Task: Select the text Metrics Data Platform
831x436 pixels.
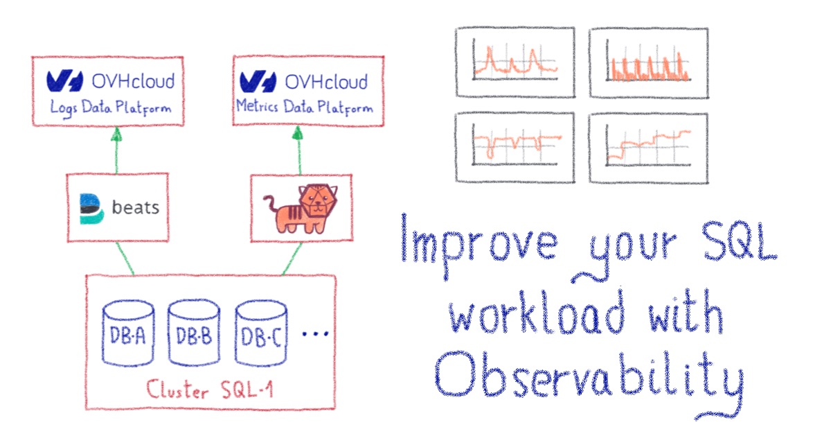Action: click(304, 108)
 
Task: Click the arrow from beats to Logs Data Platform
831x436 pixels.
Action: click(116, 150)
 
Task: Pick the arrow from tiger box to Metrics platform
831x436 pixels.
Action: click(298, 150)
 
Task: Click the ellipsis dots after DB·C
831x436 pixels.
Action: click(314, 335)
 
